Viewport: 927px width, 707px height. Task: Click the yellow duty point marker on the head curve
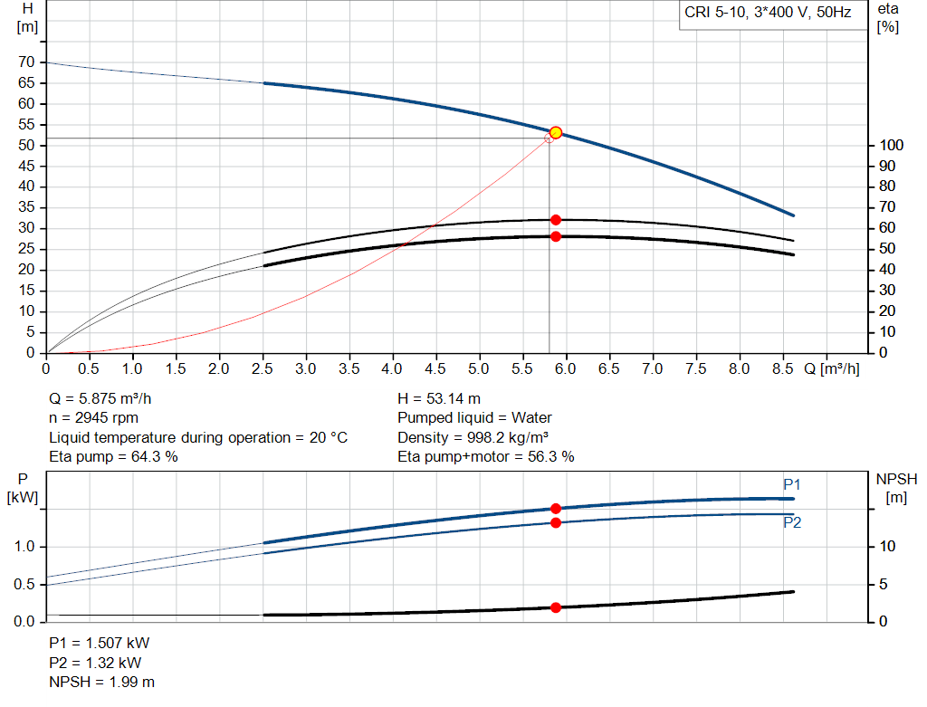tap(556, 132)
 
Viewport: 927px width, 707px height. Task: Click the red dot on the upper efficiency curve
tap(556, 220)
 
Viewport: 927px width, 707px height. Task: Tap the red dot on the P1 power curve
tap(556, 509)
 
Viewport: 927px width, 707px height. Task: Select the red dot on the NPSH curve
tap(556, 607)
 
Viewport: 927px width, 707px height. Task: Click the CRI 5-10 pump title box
tap(769, 14)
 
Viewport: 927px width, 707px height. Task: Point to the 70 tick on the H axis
tap(26, 62)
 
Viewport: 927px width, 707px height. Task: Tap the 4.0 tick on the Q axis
tap(393, 369)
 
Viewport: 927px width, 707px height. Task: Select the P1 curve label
tap(792, 484)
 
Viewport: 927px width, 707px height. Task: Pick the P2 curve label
tap(792, 522)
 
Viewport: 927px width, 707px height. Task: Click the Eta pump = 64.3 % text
tap(113, 457)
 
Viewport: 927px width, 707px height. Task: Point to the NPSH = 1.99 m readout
tap(101, 682)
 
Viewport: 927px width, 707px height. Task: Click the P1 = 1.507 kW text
tap(99, 643)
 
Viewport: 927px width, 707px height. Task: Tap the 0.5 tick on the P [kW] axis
tap(25, 584)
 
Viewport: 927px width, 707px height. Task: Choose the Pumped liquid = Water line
tap(474, 418)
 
